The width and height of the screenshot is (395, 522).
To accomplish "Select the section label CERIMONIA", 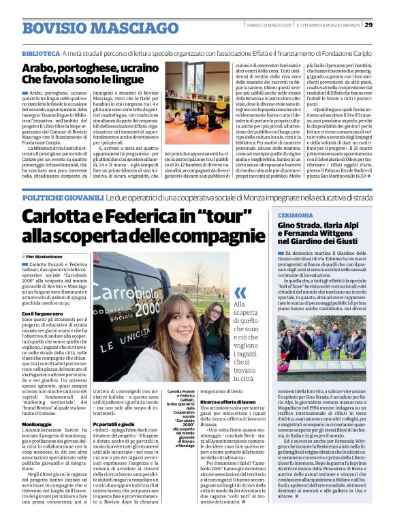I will [296, 215].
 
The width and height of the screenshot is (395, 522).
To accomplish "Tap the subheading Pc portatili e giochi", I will [114, 423].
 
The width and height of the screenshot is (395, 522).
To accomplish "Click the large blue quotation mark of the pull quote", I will [240, 293].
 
